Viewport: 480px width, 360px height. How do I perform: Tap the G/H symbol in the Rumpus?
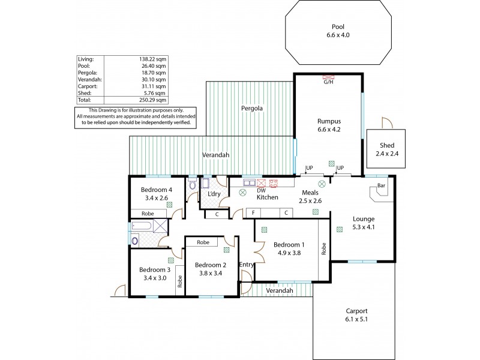click(328, 78)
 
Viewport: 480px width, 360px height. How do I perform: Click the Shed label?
click(387, 146)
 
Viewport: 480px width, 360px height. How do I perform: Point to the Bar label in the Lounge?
click(380, 186)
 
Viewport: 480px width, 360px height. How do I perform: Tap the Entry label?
click(246, 265)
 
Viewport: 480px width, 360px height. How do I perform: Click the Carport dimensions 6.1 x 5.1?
click(356, 319)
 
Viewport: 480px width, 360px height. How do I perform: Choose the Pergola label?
click(252, 109)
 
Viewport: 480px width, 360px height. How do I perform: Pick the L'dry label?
click(214, 194)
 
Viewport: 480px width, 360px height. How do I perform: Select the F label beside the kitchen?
click(254, 213)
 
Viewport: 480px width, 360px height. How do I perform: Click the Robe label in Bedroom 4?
click(148, 213)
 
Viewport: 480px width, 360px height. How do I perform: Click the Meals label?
click(310, 193)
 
